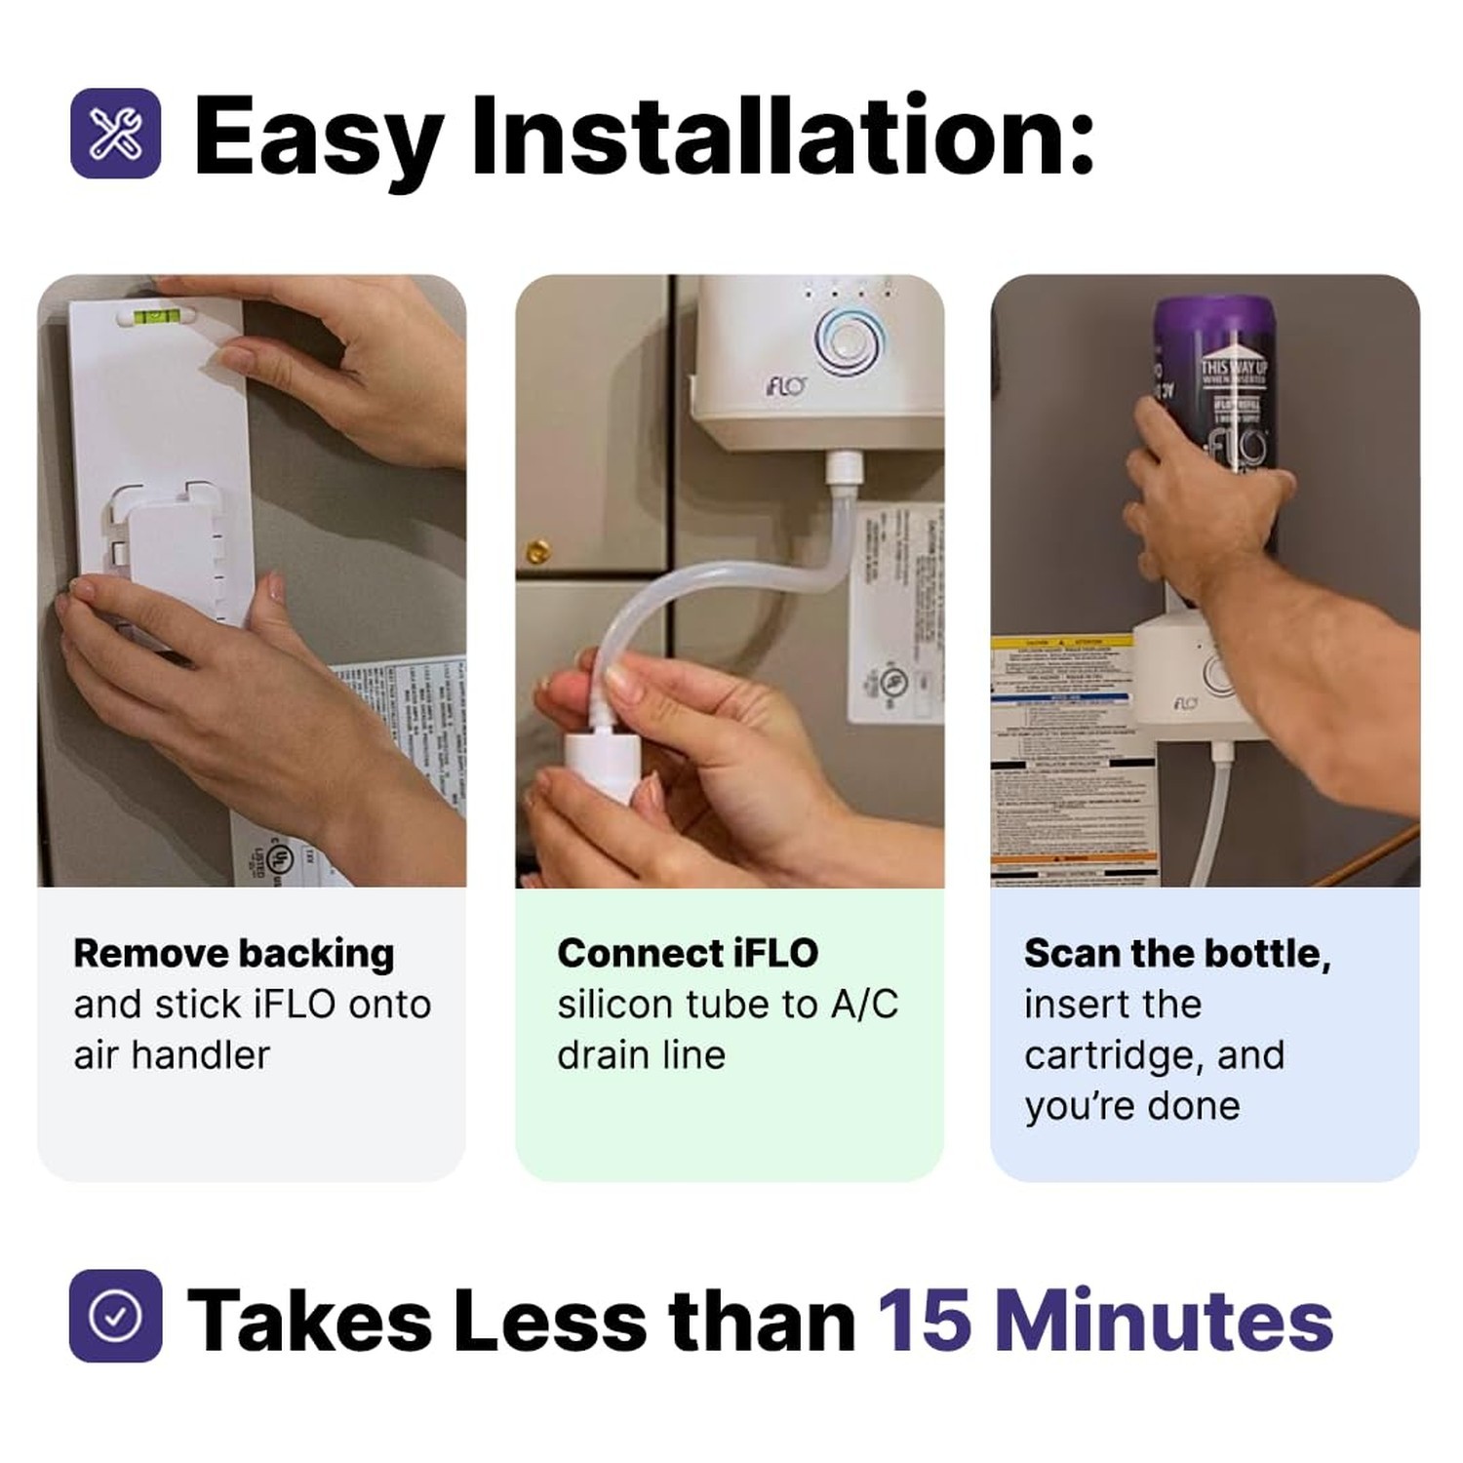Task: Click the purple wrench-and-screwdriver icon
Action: (x=115, y=134)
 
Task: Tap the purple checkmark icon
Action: (x=115, y=1316)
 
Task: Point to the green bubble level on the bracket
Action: (x=155, y=316)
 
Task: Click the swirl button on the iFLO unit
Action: (x=850, y=340)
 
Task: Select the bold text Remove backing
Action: (x=233, y=953)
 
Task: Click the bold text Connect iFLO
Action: (x=688, y=953)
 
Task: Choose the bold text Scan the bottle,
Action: (x=1176, y=953)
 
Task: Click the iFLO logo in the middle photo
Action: (x=785, y=386)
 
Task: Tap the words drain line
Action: (x=641, y=1055)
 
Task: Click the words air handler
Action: (x=172, y=1055)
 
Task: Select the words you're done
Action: (x=1131, y=1106)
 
